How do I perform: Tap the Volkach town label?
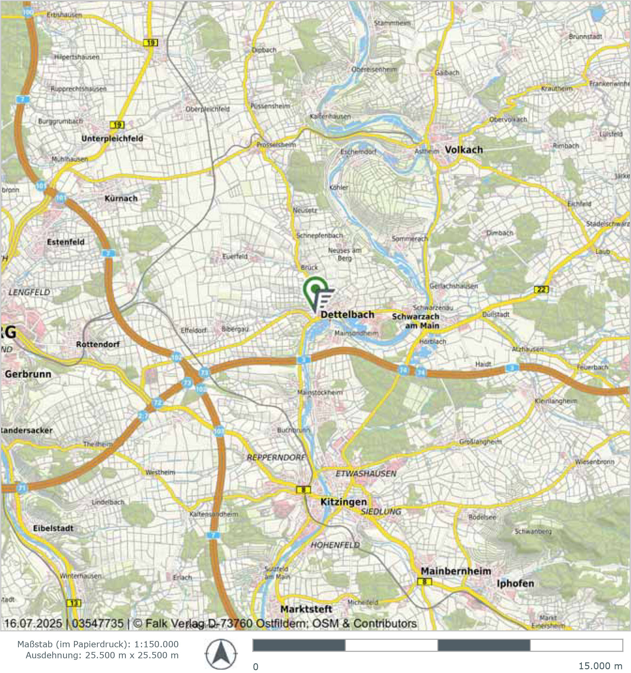click(463, 150)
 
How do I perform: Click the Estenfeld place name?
click(65, 242)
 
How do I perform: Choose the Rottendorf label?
click(98, 344)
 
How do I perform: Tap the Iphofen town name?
click(515, 583)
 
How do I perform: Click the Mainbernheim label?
click(456, 571)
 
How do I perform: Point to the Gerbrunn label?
click(28, 374)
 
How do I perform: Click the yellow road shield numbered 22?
click(541, 289)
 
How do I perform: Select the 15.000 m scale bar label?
click(600, 666)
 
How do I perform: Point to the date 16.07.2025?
click(33, 623)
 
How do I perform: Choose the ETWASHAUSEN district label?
click(366, 473)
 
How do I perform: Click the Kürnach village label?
click(121, 199)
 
